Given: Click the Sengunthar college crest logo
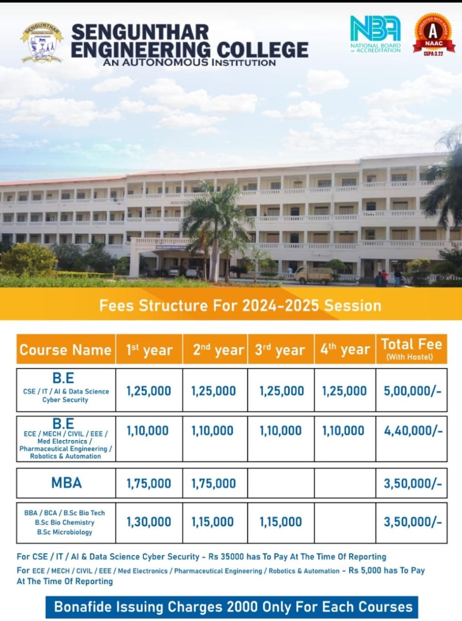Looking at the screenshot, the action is click(x=42, y=43).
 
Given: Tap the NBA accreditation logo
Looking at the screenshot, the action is click(x=375, y=34).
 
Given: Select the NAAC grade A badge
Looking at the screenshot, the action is click(x=433, y=34).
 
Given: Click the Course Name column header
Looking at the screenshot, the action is click(x=65, y=350).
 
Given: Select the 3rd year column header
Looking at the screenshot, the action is click(x=280, y=350).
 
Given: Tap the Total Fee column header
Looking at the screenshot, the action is click(x=412, y=349).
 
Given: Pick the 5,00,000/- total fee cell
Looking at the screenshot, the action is click(x=413, y=391).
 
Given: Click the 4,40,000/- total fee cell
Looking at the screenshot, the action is click(x=413, y=431).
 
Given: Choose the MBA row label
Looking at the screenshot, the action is click(x=66, y=483).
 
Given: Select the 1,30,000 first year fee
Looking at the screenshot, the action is click(x=149, y=522).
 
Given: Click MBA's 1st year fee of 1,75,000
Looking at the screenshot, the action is click(x=149, y=484).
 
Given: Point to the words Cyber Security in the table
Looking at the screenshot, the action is click(x=65, y=400).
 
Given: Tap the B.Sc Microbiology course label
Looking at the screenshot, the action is click(x=64, y=532).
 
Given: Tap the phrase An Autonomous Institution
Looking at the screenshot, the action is click(x=190, y=62).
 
